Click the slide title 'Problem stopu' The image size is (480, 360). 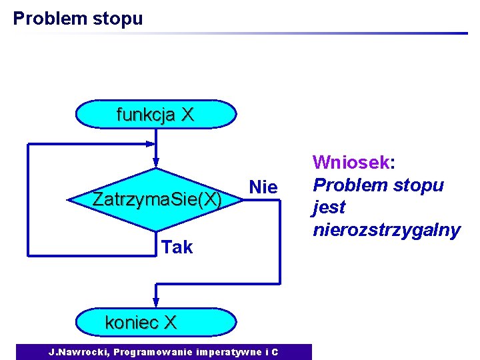point(77,18)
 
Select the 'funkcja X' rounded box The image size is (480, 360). point(155,114)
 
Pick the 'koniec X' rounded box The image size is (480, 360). point(155,323)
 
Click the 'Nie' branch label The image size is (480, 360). point(263,188)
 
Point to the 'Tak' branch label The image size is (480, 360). point(177,247)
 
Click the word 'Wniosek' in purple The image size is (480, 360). point(351,162)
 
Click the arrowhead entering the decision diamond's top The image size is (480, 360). point(155,162)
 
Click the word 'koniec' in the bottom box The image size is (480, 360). point(132,323)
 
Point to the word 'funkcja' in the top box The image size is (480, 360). point(145,115)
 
